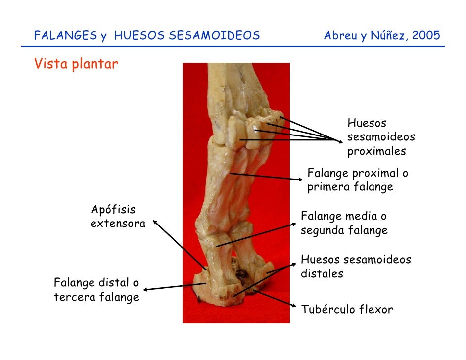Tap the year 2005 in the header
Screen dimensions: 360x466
tap(424, 36)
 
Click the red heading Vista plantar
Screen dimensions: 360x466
tap(76, 65)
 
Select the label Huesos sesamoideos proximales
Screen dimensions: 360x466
tap(380, 137)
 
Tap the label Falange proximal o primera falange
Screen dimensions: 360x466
tap(358, 180)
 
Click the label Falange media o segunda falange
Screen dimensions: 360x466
tap(344, 224)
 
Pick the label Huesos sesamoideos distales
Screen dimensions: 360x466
tap(356, 267)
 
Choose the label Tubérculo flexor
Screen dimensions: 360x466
tap(347, 310)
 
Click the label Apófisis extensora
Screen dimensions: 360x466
tap(118, 217)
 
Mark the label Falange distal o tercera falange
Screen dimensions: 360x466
tap(96, 290)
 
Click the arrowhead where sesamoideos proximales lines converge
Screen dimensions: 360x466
tap(340, 140)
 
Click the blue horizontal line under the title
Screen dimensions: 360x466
tap(233, 47)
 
